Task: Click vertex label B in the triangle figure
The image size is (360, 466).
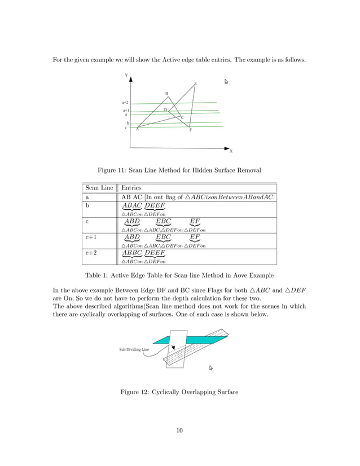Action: click(166, 94)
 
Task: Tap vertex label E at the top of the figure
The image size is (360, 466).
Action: click(195, 84)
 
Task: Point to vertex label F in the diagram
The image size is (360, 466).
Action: click(190, 130)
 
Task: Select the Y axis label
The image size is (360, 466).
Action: click(126, 75)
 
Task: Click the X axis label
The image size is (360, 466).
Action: click(231, 151)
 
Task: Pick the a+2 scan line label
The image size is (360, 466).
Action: click(125, 103)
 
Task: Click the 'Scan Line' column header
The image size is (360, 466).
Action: click(99, 188)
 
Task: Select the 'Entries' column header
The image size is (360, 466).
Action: click(131, 188)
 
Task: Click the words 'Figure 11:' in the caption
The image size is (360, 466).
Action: click(115, 169)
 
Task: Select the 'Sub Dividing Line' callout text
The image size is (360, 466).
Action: click(134, 349)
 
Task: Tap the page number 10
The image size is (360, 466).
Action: click(179, 431)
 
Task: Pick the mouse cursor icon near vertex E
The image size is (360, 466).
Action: click(226, 82)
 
